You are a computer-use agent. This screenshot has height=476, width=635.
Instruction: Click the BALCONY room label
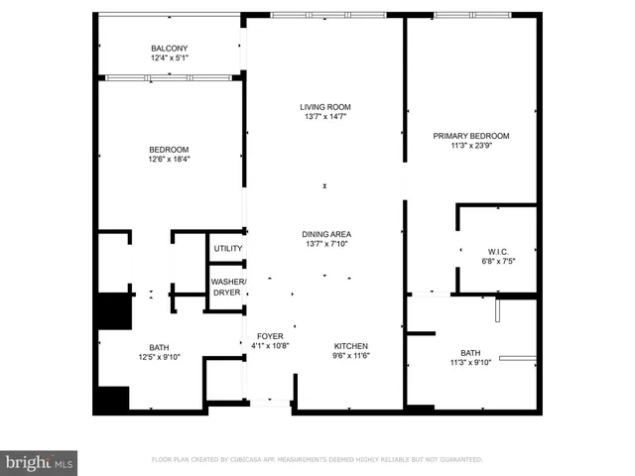pos(170,49)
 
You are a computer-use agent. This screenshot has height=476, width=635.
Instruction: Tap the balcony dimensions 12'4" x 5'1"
pos(170,59)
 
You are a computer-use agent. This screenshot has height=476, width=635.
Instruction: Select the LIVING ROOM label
pos(326,107)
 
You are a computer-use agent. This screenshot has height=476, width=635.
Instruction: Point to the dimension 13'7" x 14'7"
pos(326,117)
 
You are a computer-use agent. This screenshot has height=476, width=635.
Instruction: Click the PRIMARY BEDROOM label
pos(471,136)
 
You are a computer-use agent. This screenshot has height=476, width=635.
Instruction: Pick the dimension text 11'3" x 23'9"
pos(471,146)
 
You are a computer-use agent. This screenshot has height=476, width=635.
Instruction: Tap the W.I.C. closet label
pos(497,251)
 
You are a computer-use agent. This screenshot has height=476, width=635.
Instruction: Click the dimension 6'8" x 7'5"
pos(497,261)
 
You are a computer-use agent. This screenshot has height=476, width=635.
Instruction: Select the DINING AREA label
pos(326,235)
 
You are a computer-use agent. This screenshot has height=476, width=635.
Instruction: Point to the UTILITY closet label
pos(228,248)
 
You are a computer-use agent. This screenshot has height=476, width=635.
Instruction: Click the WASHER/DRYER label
pos(228,288)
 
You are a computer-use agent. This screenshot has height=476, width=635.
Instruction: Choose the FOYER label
pos(270,336)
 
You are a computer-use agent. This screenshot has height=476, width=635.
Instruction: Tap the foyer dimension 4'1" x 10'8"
pos(270,346)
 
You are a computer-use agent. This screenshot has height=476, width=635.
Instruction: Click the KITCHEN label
pos(351,336)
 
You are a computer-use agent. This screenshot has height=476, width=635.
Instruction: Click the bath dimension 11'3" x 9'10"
pos(469,363)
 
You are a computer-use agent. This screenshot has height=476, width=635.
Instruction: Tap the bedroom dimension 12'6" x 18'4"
pos(169,160)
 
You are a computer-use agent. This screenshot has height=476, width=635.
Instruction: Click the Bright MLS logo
pos(39,462)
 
